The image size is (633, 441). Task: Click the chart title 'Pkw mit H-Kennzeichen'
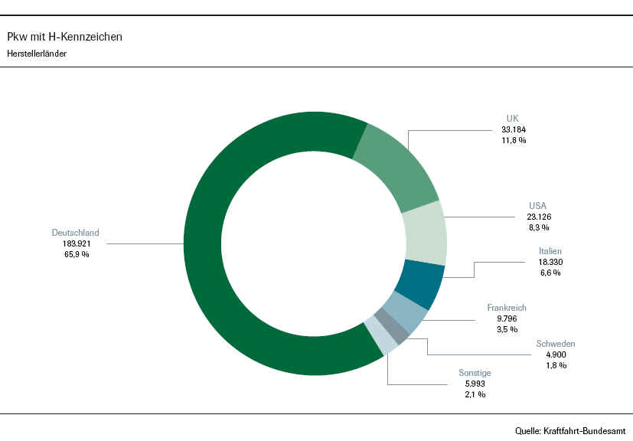tap(64, 36)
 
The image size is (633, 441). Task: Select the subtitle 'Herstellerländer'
tap(36, 54)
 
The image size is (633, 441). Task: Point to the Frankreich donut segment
tap(403, 312)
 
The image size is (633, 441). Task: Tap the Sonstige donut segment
tap(380, 337)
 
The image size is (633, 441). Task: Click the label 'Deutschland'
tap(75, 233)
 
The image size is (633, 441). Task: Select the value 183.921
tap(75, 243)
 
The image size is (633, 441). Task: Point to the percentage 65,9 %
tap(75, 254)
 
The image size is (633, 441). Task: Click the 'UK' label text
tap(513, 119)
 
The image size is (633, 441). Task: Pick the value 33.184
tap(514, 129)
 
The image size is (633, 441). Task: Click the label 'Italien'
tap(550, 250)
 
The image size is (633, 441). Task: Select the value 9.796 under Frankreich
tap(507, 318)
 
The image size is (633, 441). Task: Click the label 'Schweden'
tap(556, 344)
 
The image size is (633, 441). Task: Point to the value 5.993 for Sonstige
tap(475, 384)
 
